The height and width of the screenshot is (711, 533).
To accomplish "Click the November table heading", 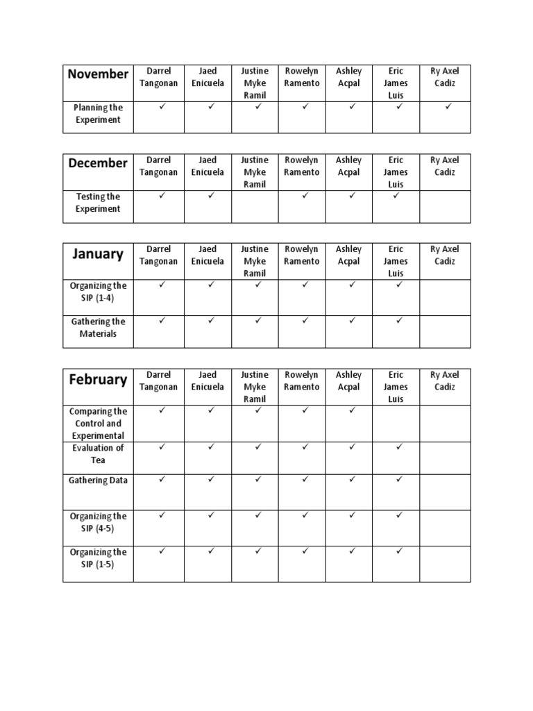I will click(98, 74).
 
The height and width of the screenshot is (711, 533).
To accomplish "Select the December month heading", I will click(98, 163).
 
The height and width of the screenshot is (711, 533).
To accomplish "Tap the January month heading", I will click(98, 254).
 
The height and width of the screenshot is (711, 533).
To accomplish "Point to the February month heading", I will click(98, 380).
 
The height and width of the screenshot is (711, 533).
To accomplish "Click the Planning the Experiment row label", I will click(98, 114).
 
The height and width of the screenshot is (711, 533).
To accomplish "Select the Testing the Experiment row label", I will click(98, 203).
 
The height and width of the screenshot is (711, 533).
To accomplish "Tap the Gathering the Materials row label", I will click(98, 328).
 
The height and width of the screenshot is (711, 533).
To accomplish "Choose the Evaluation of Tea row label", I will click(98, 454).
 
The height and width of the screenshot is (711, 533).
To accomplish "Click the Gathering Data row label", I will click(98, 480).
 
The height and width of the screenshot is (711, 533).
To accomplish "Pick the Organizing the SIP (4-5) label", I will click(98, 522).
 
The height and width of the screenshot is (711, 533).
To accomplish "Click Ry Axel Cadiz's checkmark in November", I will click(448, 107).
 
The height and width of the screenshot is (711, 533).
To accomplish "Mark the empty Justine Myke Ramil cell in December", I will click(255, 206).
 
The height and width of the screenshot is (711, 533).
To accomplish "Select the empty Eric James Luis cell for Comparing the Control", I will click(396, 424).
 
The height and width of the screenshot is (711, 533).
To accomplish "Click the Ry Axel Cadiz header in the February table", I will click(445, 381).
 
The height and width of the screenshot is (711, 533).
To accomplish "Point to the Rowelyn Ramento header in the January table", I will click(302, 256).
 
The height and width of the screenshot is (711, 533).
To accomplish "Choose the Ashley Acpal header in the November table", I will click(348, 77).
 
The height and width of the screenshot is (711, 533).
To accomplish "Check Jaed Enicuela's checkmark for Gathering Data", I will click(211, 479).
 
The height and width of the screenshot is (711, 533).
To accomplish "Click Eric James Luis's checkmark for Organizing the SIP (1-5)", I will click(398, 551).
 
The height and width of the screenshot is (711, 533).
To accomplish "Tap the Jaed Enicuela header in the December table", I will click(208, 166).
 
